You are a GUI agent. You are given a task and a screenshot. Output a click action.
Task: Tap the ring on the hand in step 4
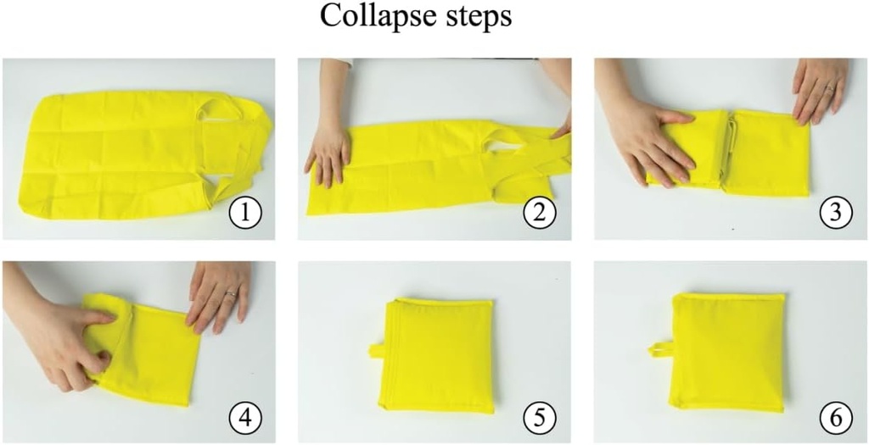tap(229, 294)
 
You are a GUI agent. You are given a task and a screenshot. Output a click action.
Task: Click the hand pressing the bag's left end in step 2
tap(328, 153)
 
